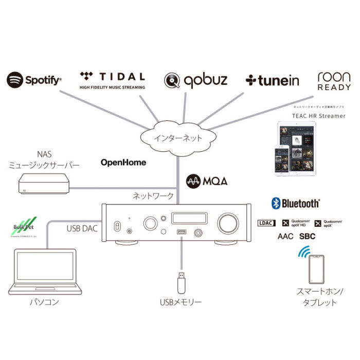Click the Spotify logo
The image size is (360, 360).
coord(34,80)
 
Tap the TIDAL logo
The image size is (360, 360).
coord(112,80)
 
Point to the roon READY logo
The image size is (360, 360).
coord(334,81)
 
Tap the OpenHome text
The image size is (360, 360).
coord(123,163)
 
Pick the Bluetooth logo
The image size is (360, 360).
coord(296,204)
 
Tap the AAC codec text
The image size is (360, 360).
coord(286,237)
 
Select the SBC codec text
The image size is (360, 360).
coord(307,237)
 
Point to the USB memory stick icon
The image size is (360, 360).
coord(181,281)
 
